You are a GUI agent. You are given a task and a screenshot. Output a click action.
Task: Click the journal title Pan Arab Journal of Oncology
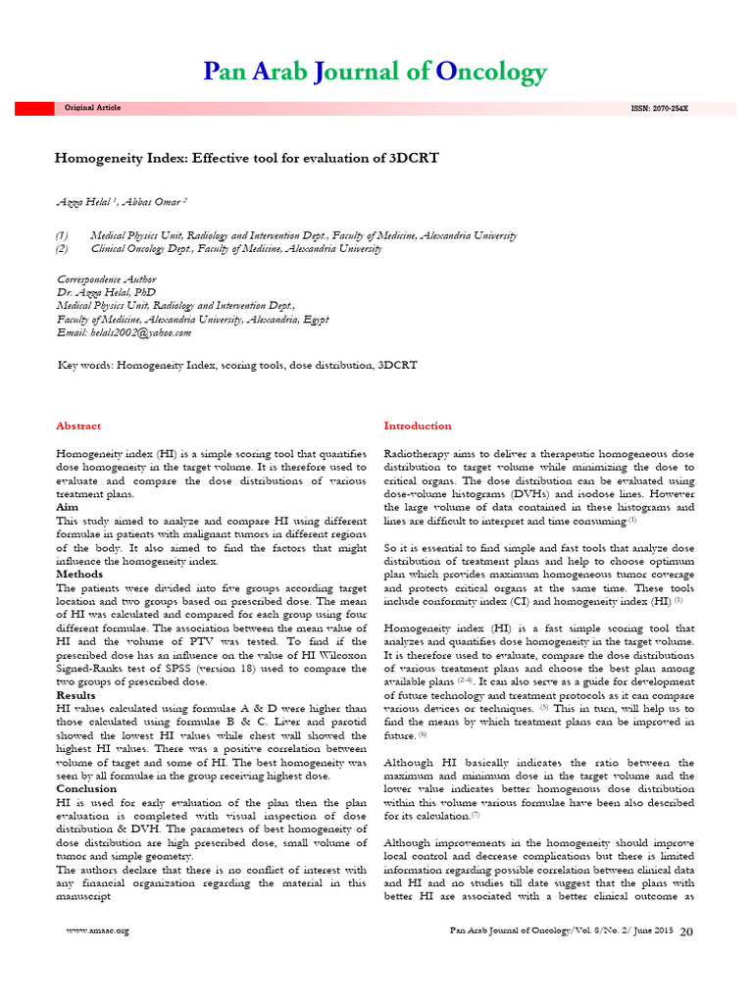[x=375, y=73]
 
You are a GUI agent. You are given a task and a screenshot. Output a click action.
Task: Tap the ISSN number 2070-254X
[x=659, y=108]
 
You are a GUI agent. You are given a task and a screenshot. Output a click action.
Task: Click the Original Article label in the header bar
[x=92, y=108]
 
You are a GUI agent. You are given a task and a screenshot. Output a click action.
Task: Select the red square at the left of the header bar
[x=26, y=108]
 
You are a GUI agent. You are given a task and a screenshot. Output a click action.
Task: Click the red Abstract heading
[x=77, y=427]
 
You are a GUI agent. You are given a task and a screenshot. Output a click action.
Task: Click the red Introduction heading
[x=418, y=427]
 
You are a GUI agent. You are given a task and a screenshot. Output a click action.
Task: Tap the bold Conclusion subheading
[x=86, y=788]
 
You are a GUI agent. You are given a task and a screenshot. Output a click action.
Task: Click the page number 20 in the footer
[x=686, y=930]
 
